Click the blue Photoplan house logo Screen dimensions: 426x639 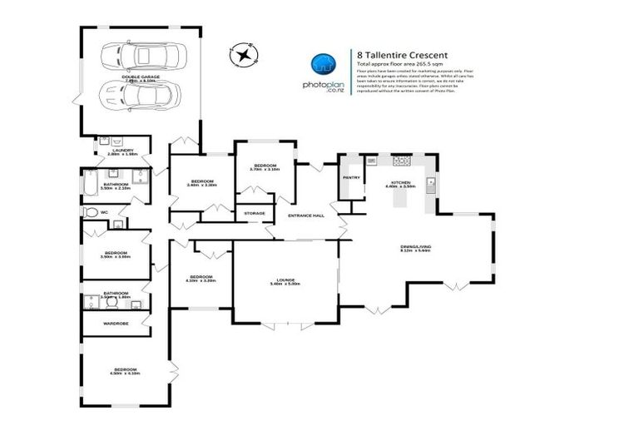pyautogui.click(x=323, y=65)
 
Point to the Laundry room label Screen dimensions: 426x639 pyautogui.click(x=121, y=151)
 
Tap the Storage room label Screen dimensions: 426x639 pyautogui.click(x=255, y=214)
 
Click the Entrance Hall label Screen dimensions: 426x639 pyautogui.click(x=305, y=216)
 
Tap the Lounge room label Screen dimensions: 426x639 pyautogui.click(x=285, y=281)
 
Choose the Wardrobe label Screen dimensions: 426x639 pyautogui.click(x=115, y=323)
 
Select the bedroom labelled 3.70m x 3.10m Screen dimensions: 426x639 pyautogui.click(x=265, y=167)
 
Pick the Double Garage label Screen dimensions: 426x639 pyautogui.click(x=140, y=77)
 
